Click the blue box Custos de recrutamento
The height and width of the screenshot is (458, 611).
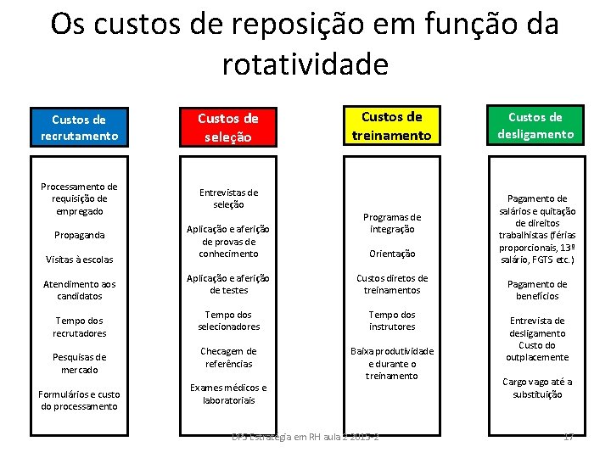click(78, 127)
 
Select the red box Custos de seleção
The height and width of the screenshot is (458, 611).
click(228, 127)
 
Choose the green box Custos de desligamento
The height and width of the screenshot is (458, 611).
click(541, 125)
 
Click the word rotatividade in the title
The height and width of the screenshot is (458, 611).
click(305, 64)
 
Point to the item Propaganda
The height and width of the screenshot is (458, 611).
click(78, 235)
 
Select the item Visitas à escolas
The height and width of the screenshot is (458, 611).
click(78, 259)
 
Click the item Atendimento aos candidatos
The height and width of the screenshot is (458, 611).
click(78, 290)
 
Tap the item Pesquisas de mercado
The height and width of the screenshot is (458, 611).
click(78, 363)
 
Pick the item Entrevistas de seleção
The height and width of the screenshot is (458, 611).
click(228, 198)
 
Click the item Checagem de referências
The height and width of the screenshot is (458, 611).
click(228, 357)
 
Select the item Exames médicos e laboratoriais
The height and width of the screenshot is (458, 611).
click(228, 394)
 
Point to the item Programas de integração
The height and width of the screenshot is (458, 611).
click(391, 223)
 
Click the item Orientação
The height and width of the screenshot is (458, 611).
click(391, 253)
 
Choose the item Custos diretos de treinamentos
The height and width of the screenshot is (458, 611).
click(391, 284)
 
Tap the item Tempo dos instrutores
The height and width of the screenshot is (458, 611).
click(391, 321)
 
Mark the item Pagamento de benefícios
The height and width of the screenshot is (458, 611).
click(537, 290)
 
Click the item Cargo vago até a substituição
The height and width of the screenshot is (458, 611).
click(537, 388)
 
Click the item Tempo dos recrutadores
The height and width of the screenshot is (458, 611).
click(78, 327)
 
